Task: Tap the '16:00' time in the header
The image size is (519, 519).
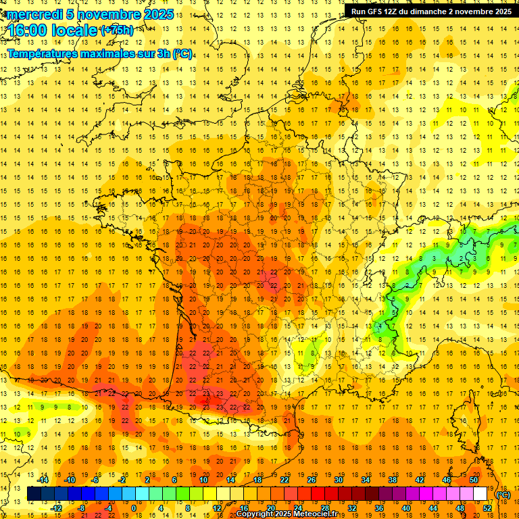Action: (29, 30)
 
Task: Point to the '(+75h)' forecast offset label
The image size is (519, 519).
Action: (117, 30)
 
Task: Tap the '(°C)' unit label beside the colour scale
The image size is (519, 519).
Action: (503, 495)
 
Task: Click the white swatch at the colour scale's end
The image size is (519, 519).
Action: (480, 494)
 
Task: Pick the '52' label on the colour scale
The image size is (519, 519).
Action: (487, 508)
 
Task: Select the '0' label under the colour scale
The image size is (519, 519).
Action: (134, 508)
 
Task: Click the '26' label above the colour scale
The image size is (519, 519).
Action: (312, 480)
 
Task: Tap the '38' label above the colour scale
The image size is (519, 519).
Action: (393, 480)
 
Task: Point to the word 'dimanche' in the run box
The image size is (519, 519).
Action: (429, 11)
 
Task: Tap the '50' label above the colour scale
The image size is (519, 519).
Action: (474, 480)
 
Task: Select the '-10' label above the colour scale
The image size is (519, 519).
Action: (69, 480)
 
